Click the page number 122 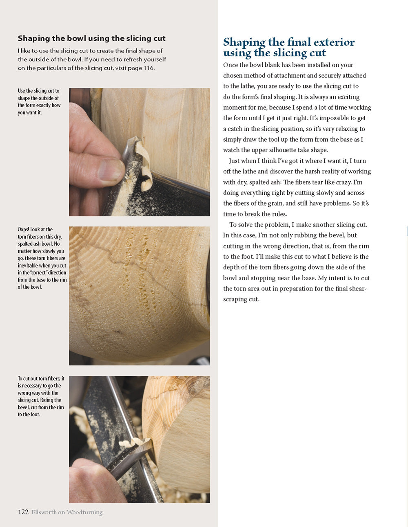23,512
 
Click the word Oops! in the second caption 24,230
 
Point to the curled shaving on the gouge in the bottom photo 133,442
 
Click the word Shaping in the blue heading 244,42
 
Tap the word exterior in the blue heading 333,42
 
